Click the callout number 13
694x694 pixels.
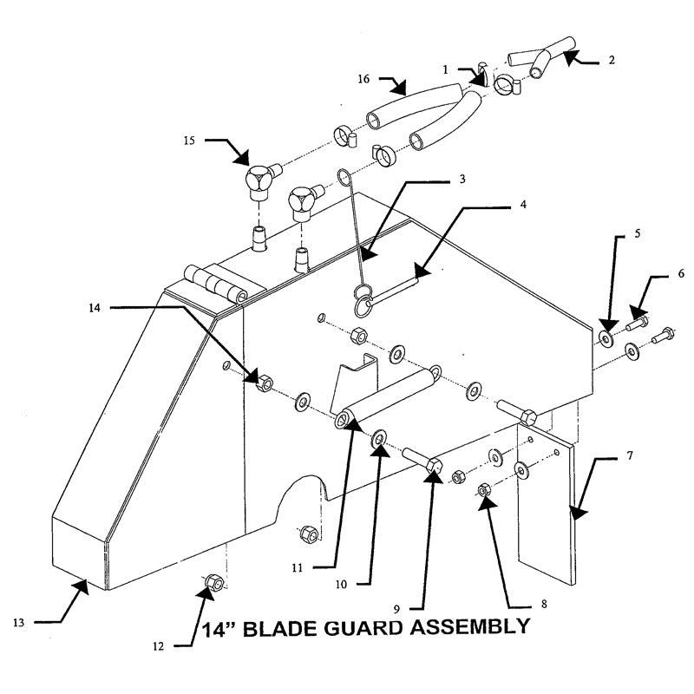19,622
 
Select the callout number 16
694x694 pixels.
363,79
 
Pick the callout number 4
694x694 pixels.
524,206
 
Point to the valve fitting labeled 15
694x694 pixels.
258,179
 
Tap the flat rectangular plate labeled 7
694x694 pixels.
547,503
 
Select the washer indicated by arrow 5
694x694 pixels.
604,336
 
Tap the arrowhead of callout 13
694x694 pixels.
83,586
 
